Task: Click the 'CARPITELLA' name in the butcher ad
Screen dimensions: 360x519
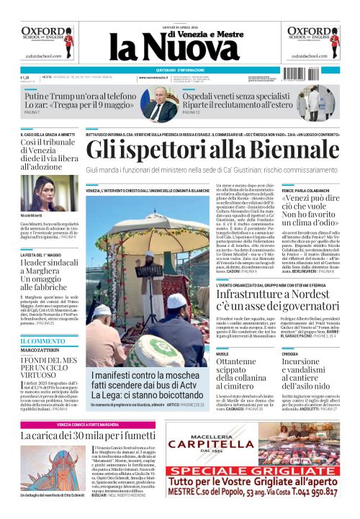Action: pyautogui.click(x=260, y=447)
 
